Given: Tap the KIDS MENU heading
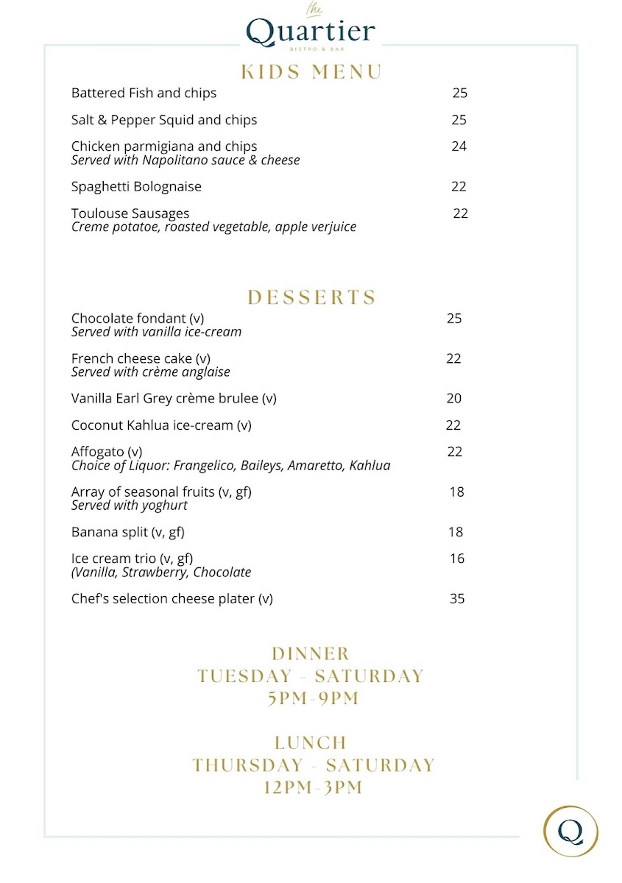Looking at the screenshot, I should click(x=311, y=72).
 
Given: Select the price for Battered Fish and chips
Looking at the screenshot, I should click(x=460, y=93).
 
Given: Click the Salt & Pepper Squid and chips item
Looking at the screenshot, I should click(x=164, y=120).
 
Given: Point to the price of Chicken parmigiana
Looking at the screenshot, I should click(x=459, y=146).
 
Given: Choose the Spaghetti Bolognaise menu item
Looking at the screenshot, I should click(x=136, y=187).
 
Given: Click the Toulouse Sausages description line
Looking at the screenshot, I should click(x=213, y=227).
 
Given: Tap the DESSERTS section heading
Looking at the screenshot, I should click(x=312, y=297).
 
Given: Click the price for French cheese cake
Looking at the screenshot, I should click(x=453, y=358).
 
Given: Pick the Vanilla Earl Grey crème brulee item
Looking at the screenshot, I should click(x=174, y=399).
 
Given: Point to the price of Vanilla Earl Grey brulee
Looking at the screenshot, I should click(x=454, y=399).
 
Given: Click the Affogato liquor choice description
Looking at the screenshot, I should click(x=230, y=466).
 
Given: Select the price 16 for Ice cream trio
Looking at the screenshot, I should click(x=457, y=558).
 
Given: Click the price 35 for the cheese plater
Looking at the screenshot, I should click(x=457, y=599).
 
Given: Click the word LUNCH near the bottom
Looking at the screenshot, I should click(x=311, y=742).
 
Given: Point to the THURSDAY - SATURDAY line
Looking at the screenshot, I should click(x=314, y=765).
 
